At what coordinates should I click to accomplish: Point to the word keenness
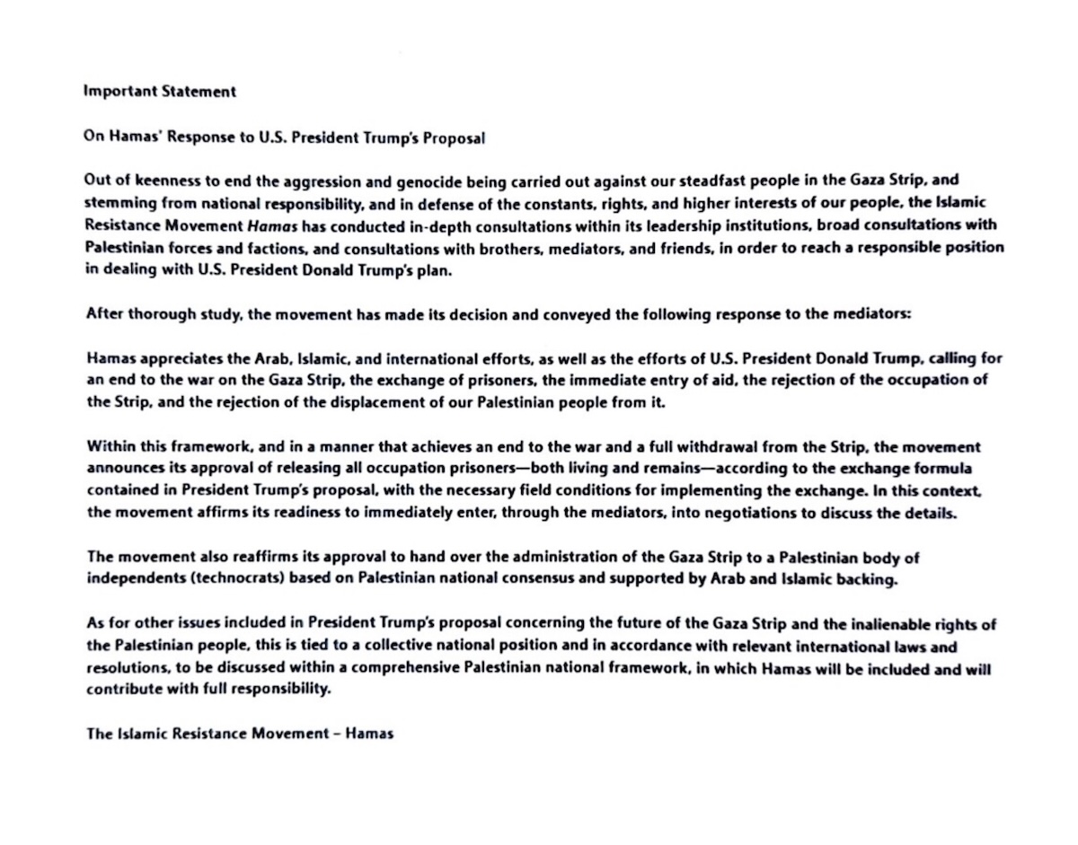tap(150, 180)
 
